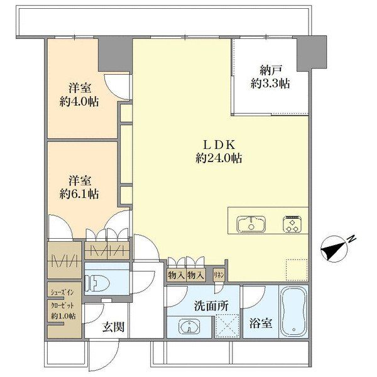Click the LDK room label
click(219, 145)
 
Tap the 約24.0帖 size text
click(219, 158)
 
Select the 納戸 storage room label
click(270, 70)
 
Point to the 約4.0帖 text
click(79, 102)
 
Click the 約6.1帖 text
click(79, 194)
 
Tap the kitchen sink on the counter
click(251, 224)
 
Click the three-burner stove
click(293, 224)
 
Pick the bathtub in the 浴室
click(293, 312)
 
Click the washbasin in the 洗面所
click(189, 327)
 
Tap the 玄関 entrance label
click(113, 327)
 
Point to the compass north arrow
click(334, 249)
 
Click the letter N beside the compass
click(352, 239)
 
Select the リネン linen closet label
click(219, 275)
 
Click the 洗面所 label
click(211, 306)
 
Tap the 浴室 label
click(261, 324)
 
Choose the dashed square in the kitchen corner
click(297, 270)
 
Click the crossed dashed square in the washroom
click(227, 325)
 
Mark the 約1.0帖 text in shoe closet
click(63, 316)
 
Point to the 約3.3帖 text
click(270, 84)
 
